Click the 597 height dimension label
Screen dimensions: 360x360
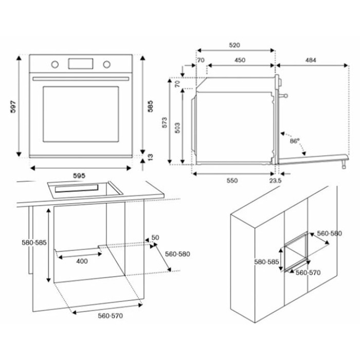pyautogui.click(x=14, y=106)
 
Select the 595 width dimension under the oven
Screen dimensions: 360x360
pyautogui.click(x=79, y=175)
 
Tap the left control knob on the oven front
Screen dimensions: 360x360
pyautogui.click(x=55, y=64)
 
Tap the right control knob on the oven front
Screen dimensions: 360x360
pyautogui.click(x=106, y=64)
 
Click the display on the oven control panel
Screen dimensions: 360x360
pyautogui.click(x=80, y=64)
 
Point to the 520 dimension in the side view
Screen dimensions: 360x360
pyautogui.click(x=234, y=45)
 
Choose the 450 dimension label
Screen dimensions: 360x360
pyautogui.click(x=240, y=60)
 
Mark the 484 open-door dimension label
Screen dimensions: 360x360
pyautogui.click(x=310, y=60)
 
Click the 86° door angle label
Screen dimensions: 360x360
pyautogui.click(x=294, y=140)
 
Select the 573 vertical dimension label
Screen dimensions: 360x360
pyautogui.click(x=165, y=122)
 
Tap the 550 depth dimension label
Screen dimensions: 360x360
pyautogui.click(x=231, y=181)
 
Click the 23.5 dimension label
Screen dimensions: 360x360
pyautogui.click(x=275, y=181)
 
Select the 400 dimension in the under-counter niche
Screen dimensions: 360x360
pyautogui.click(x=81, y=261)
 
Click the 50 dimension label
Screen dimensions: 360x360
pyautogui.click(x=155, y=238)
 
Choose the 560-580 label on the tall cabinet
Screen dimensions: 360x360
pyautogui.click(x=329, y=233)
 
